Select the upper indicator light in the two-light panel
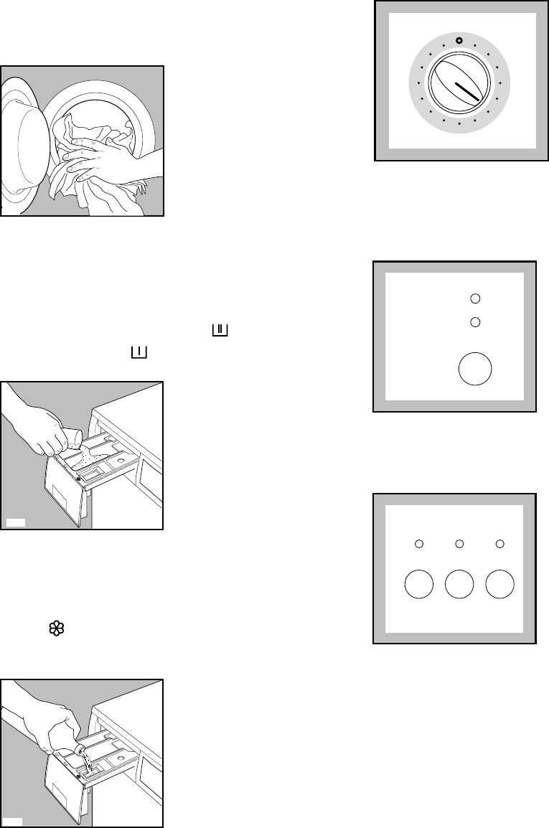tap(474, 298)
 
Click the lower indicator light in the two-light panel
tap(474, 322)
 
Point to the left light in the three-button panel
tap(419, 545)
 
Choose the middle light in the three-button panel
tap(459, 545)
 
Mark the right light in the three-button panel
tap(500, 545)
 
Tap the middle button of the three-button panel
tap(459, 585)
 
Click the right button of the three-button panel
tap(500, 585)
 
